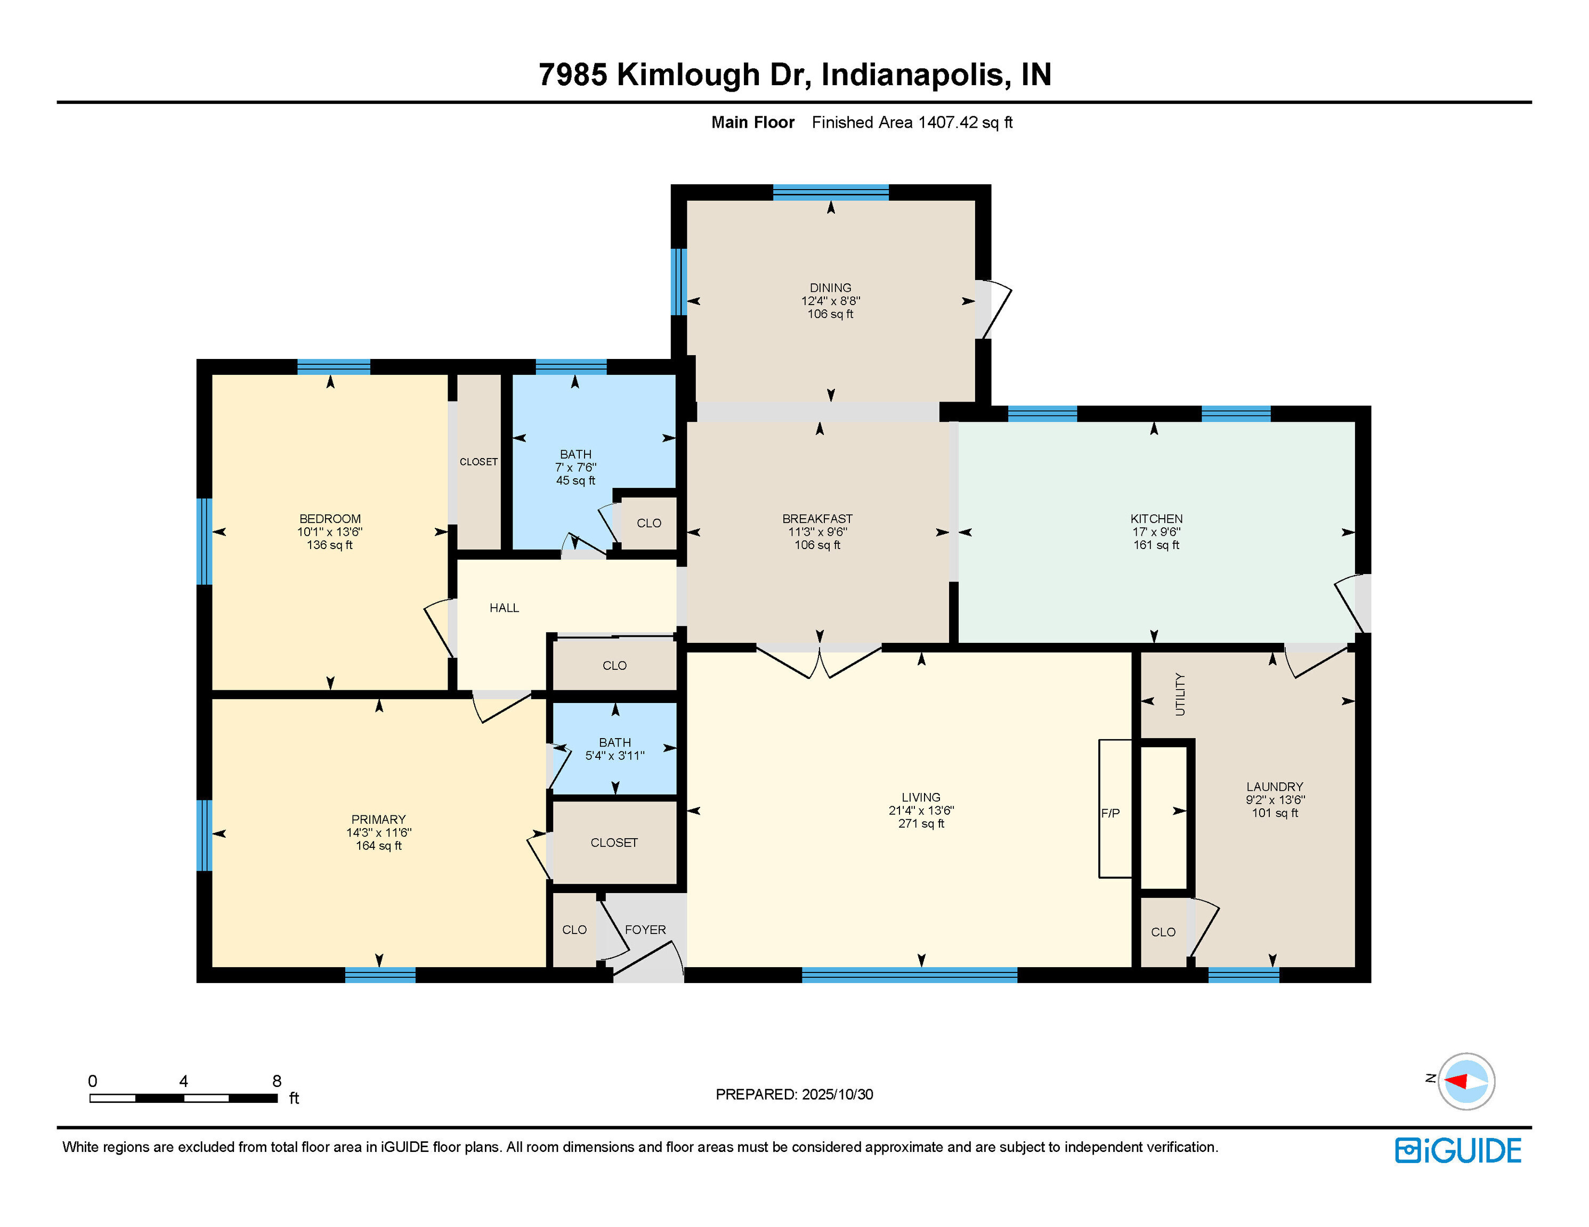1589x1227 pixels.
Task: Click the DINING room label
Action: (830, 287)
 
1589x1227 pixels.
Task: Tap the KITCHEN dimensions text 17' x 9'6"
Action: (1156, 531)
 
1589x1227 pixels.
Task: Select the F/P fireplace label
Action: (1110, 813)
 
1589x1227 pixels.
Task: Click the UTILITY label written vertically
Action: (1180, 694)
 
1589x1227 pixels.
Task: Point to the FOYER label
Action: (645, 929)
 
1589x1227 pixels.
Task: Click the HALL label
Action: (504, 607)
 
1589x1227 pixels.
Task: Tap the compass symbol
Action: (1465, 1081)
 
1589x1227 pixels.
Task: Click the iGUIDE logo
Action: (1458, 1150)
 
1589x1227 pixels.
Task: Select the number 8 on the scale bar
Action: (277, 1081)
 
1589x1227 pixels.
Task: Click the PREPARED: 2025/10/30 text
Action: (794, 1094)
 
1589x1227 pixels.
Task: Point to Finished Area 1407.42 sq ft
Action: (912, 122)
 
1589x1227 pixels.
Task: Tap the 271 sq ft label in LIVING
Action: (921, 823)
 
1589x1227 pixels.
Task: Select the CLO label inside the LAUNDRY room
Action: (1163, 932)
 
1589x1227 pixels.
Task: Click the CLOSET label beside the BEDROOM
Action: (479, 462)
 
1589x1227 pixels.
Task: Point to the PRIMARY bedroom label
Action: (378, 819)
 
